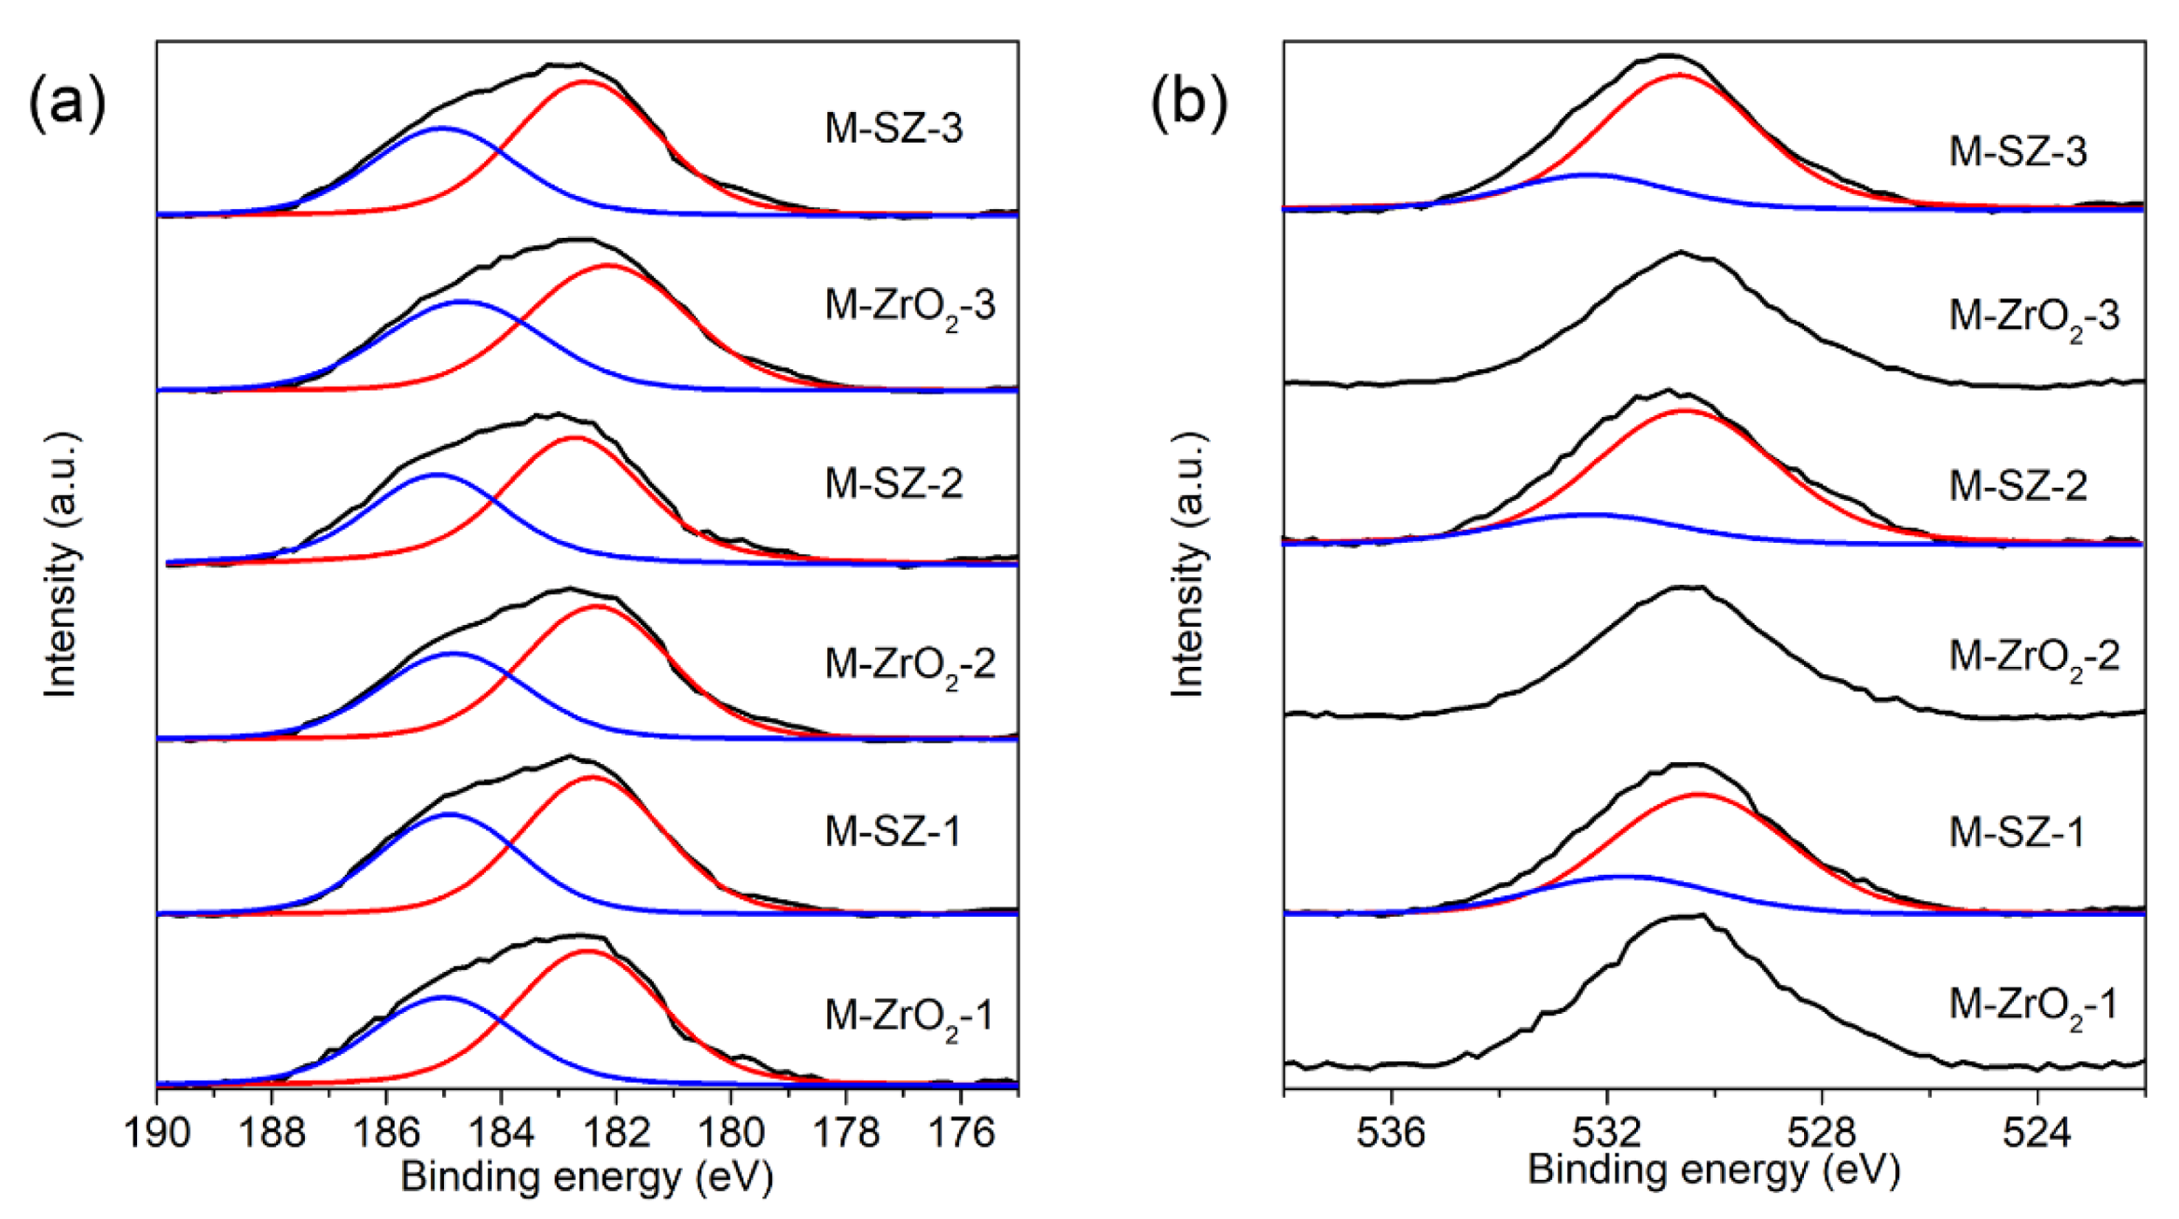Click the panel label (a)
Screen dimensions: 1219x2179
(x=67, y=104)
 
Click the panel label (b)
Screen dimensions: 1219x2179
(x=1188, y=104)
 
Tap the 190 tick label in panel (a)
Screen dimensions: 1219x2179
(x=157, y=1134)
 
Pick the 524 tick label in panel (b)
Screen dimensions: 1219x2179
(x=2037, y=1134)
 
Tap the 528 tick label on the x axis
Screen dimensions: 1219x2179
(x=1822, y=1134)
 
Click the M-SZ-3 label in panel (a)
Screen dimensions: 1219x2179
(x=893, y=129)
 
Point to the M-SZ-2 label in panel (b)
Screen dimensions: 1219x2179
(x=2018, y=486)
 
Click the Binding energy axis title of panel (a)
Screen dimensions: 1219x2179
(x=587, y=1177)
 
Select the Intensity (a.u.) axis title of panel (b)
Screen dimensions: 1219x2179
(x=1187, y=564)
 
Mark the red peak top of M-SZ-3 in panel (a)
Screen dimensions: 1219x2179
(x=585, y=82)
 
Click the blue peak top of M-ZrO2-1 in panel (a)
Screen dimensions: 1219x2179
(x=443, y=997)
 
